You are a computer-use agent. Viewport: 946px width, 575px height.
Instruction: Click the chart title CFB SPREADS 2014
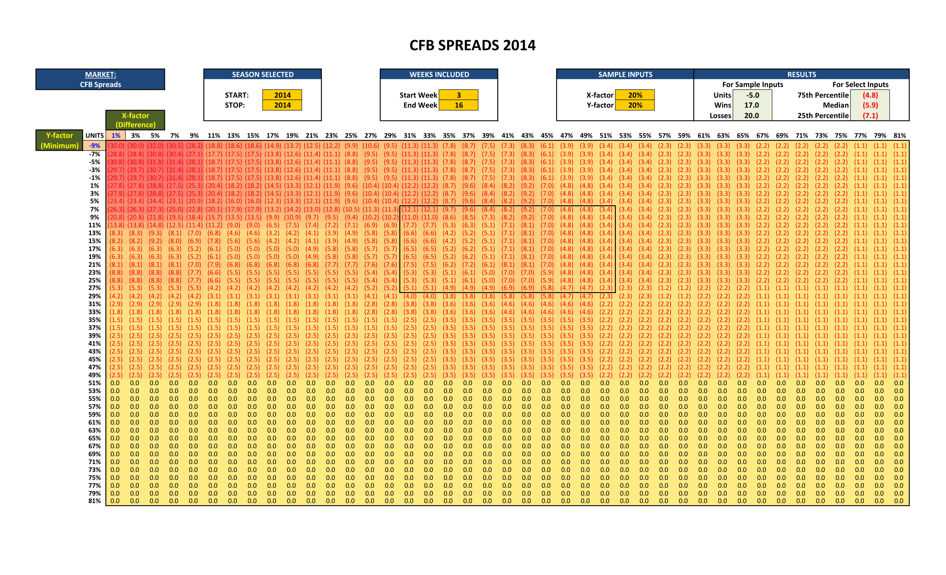click(x=472, y=45)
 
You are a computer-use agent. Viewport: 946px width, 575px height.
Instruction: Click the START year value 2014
click(x=282, y=95)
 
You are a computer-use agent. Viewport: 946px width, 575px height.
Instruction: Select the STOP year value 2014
click(x=282, y=105)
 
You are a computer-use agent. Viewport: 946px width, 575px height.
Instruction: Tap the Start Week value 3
click(x=458, y=95)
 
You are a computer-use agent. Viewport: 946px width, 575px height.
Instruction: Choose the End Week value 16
click(x=458, y=105)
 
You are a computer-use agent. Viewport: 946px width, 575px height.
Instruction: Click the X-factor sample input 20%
click(x=635, y=95)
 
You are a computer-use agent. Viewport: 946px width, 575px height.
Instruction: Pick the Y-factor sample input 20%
click(x=635, y=105)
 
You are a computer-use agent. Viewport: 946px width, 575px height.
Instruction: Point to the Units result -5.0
click(x=752, y=95)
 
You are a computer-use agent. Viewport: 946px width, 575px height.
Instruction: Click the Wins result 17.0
click(x=752, y=105)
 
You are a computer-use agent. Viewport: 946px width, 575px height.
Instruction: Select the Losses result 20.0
click(x=752, y=115)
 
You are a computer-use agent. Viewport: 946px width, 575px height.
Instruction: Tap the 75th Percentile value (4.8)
click(x=870, y=95)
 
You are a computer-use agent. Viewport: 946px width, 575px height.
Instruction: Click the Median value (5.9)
click(x=870, y=105)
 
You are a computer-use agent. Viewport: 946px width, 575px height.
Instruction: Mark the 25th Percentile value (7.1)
click(x=870, y=115)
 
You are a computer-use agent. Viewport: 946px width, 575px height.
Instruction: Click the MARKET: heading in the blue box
click(x=101, y=74)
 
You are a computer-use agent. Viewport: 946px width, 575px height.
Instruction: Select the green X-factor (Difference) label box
click(x=135, y=120)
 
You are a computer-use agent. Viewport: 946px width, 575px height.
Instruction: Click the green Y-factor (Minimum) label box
click(x=59, y=140)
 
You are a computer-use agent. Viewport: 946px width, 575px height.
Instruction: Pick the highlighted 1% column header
click(x=116, y=135)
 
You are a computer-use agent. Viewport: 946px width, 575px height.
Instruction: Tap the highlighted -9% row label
click(x=95, y=146)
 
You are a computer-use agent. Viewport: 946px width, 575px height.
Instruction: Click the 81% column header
click(x=899, y=135)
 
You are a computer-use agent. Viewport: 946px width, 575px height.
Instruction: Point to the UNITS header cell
click(x=95, y=135)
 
